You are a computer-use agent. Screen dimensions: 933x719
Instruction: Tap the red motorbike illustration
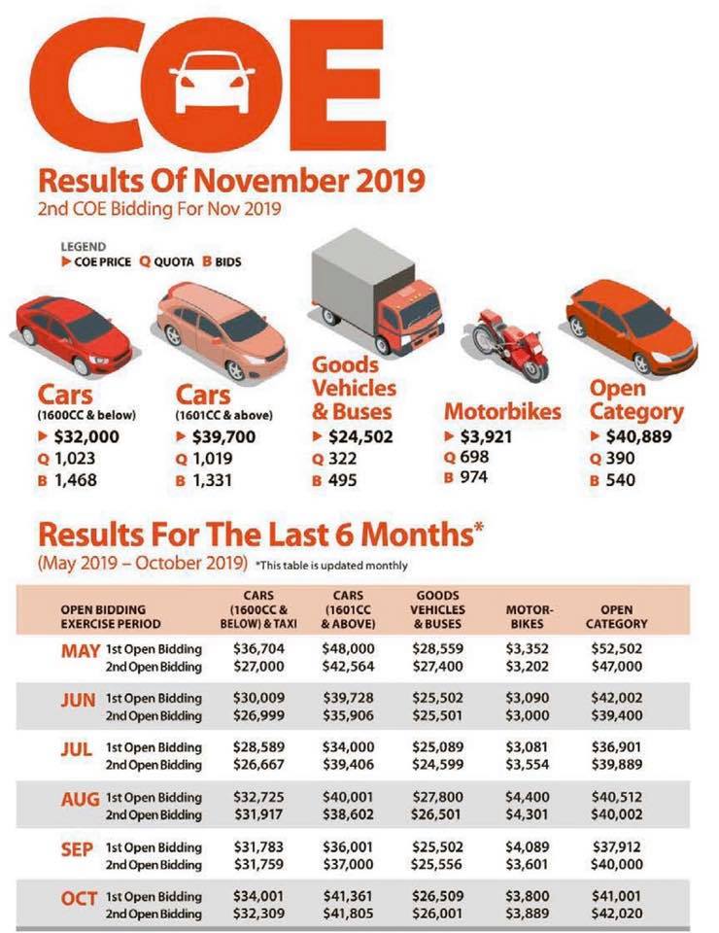(x=511, y=345)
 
